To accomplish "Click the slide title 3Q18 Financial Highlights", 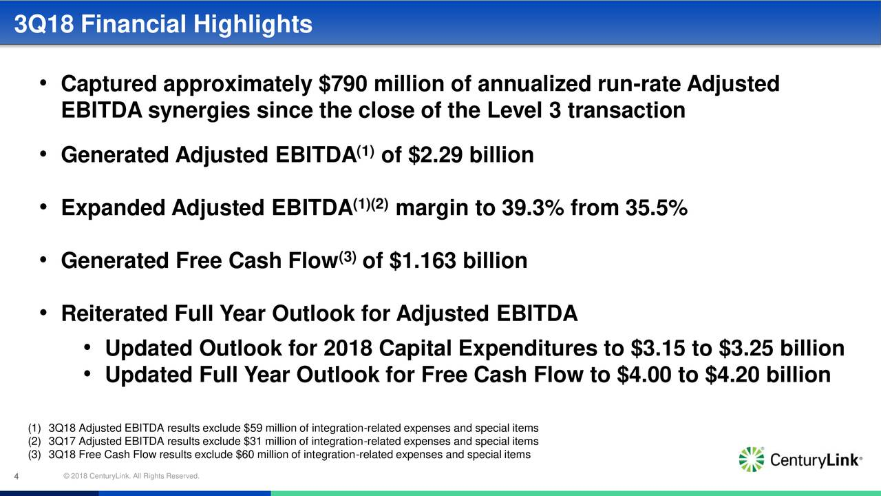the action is (163, 24).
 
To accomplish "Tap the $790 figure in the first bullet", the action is (343, 84).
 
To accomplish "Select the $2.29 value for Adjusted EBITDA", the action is (436, 155).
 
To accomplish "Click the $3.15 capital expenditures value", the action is (657, 349).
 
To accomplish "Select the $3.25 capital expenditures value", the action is (745, 349).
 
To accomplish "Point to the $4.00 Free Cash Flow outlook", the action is (644, 374).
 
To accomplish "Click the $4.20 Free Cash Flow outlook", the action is (732, 374).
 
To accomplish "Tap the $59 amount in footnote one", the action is (251, 428).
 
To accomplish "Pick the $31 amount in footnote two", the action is (251, 442).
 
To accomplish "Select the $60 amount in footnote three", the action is (244, 455).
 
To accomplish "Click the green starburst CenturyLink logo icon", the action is (752, 459).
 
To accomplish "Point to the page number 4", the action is (17, 477).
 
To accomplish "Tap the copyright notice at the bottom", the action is (131, 476).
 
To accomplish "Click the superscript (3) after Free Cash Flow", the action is (348, 257).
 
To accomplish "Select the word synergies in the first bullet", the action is (199, 111).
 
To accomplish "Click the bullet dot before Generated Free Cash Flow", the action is (43, 260).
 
